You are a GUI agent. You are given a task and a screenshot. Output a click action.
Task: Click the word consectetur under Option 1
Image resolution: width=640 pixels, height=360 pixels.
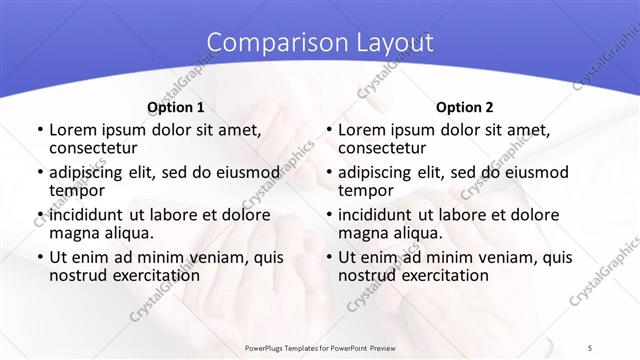pyautogui.click(x=98, y=149)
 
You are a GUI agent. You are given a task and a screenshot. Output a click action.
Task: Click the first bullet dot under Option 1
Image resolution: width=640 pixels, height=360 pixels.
pyautogui.click(x=39, y=131)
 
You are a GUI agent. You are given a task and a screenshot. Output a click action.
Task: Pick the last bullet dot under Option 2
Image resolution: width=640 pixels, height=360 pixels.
pyautogui.click(x=328, y=257)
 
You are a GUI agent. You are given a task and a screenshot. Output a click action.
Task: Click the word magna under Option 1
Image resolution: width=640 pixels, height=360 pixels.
pyautogui.click(x=75, y=233)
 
